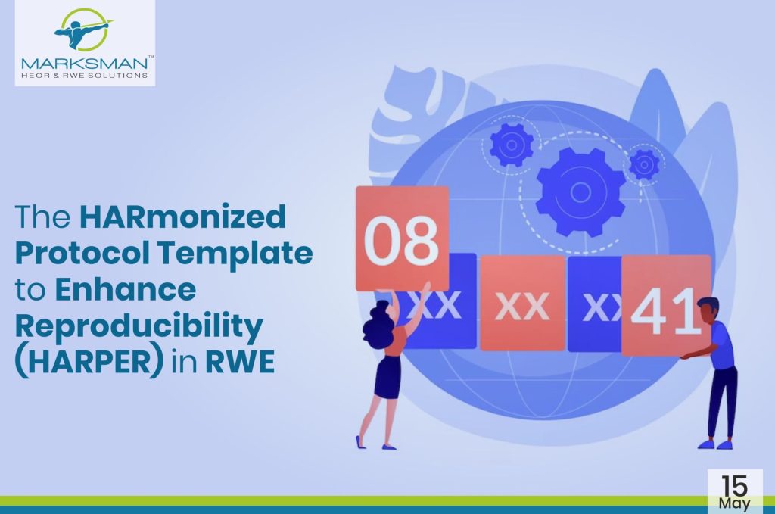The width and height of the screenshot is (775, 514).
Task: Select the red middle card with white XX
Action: (522, 305)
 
